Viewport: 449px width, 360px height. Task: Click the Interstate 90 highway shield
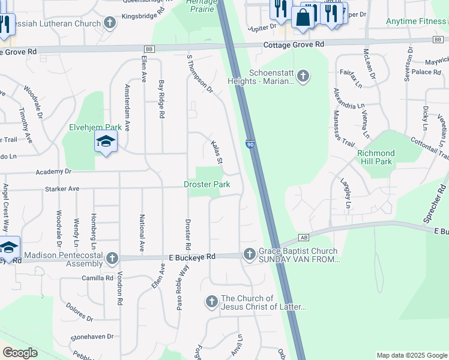[250, 144]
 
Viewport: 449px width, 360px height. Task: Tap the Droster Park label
[207, 185]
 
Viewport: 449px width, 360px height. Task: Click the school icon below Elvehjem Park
[106, 142]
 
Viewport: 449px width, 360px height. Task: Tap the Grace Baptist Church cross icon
[250, 255]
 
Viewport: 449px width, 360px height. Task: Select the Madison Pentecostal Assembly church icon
[112, 259]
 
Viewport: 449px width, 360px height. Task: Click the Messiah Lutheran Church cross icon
[109, 23]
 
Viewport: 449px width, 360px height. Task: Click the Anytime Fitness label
[417, 21]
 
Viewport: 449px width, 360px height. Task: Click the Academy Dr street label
[53, 172]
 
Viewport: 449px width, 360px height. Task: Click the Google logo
[20, 353]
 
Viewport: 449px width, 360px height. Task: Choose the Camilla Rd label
[97, 278]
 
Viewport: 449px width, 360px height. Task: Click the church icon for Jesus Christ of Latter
[211, 302]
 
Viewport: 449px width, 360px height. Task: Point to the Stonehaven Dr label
[92, 337]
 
